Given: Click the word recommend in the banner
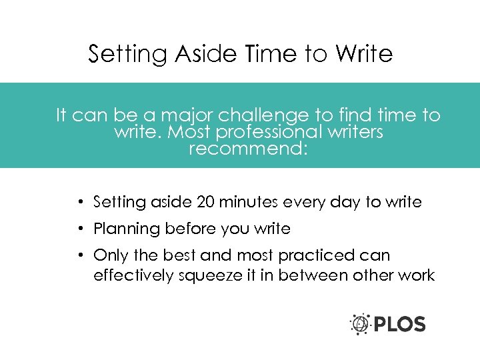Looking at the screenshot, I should pyautogui.click(x=247, y=148).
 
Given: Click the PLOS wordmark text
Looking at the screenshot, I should pyautogui.click(x=399, y=325).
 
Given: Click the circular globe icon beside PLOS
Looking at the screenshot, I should pyautogui.click(x=361, y=324).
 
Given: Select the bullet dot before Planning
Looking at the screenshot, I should pyautogui.click(x=79, y=229).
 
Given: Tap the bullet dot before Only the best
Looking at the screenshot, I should pyautogui.click(x=79, y=256).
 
